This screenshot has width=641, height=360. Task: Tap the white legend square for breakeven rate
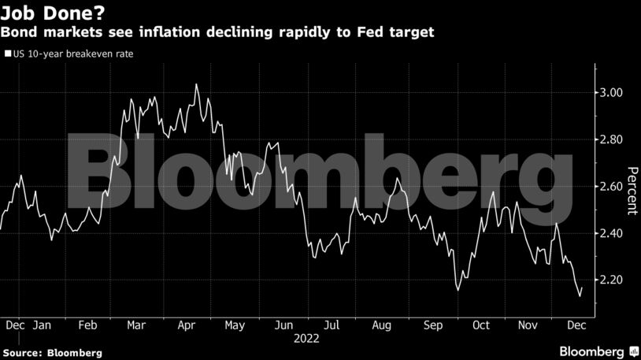pyautogui.click(x=7, y=54)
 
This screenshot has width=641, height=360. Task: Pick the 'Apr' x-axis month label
pyautogui.click(x=186, y=325)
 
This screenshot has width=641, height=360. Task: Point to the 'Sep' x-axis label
pyautogui.click(x=432, y=325)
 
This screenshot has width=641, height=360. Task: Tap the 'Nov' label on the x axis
pyautogui.click(x=529, y=325)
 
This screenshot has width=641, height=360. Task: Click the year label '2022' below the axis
pyautogui.click(x=307, y=339)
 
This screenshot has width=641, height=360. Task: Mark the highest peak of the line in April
pyautogui.click(x=196, y=84)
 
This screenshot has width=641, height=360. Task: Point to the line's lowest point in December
pyautogui.click(x=580, y=297)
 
